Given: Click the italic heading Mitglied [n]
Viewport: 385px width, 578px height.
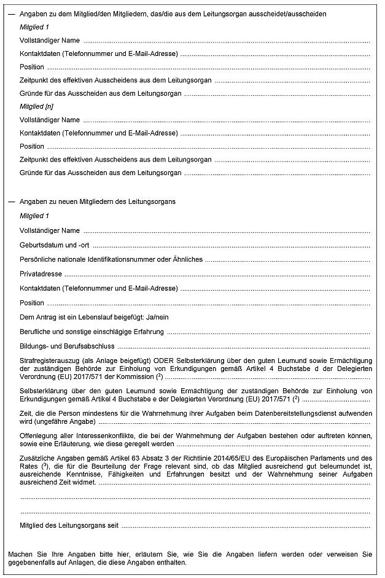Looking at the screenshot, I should [32, 106].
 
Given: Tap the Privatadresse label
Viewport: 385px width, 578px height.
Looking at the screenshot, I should [41, 274].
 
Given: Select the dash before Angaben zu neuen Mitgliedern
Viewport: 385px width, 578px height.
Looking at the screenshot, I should [11, 201].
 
